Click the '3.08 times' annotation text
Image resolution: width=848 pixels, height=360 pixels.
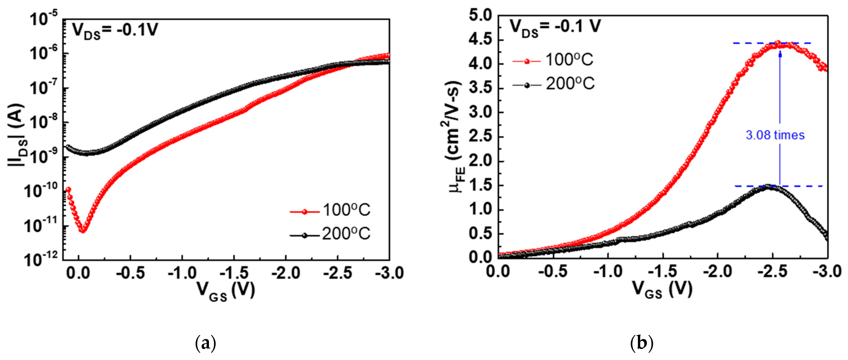pyautogui.click(x=775, y=135)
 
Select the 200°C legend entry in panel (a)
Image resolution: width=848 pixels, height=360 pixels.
pyautogui.click(x=330, y=234)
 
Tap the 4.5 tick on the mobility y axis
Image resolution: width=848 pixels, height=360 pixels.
pyautogui.click(x=480, y=40)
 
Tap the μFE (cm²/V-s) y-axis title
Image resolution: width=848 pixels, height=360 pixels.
pyautogui.click(x=456, y=137)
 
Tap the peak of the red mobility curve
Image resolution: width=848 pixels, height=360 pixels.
pyautogui.click(x=778, y=43)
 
